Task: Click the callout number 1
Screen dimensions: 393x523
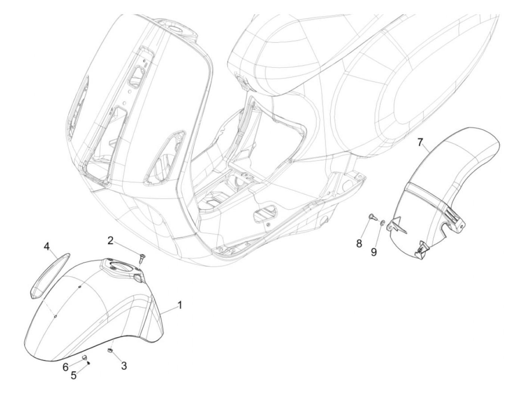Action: pyautogui.click(x=180, y=306)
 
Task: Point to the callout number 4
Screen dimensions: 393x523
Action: pyautogui.click(x=46, y=246)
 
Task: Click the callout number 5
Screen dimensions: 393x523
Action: pyautogui.click(x=74, y=375)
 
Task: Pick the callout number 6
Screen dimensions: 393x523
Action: pyautogui.click(x=65, y=367)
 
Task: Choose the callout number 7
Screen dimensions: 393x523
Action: pyautogui.click(x=420, y=142)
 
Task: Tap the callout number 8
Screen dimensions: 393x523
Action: pyautogui.click(x=359, y=244)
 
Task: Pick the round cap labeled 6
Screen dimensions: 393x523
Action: pyautogui.click(x=84, y=357)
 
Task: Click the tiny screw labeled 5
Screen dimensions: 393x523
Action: pyautogui.click(x=89, y=362)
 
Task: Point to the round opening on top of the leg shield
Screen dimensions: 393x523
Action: pyautogui.click(x=178, y=30)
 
